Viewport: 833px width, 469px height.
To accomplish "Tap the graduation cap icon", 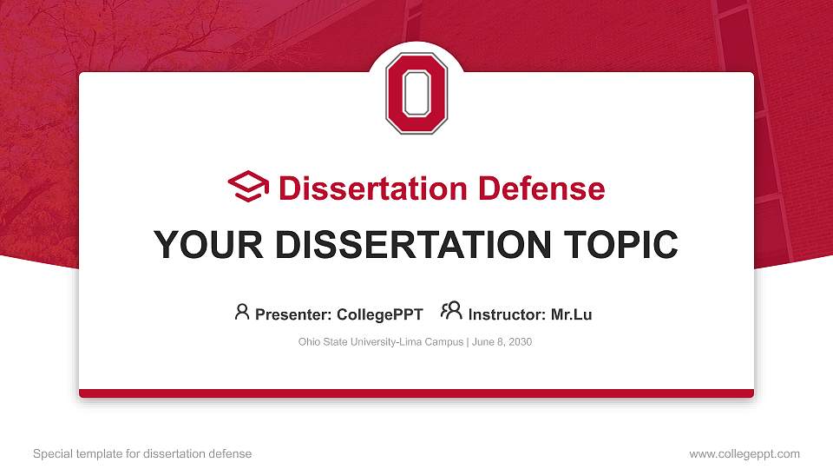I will tap(248, 187).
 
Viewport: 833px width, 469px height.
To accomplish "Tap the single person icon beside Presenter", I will tap(242, 312).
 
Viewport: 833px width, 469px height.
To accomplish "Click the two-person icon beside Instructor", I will tap(451, 312).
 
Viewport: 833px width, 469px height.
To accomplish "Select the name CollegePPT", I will tap(379, 314).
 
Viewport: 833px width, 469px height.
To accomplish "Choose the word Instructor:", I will tap(507, 314).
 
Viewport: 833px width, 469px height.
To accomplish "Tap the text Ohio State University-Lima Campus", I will tap(381, 342).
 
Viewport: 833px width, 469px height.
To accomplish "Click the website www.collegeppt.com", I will tap(744, 453).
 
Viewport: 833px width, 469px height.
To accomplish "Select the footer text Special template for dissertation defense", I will tap(142, 453).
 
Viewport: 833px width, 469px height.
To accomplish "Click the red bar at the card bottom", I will tap(416, 393).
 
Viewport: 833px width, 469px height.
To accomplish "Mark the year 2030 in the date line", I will tap(521, 342).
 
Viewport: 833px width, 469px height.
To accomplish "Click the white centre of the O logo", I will tap(416, 94).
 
